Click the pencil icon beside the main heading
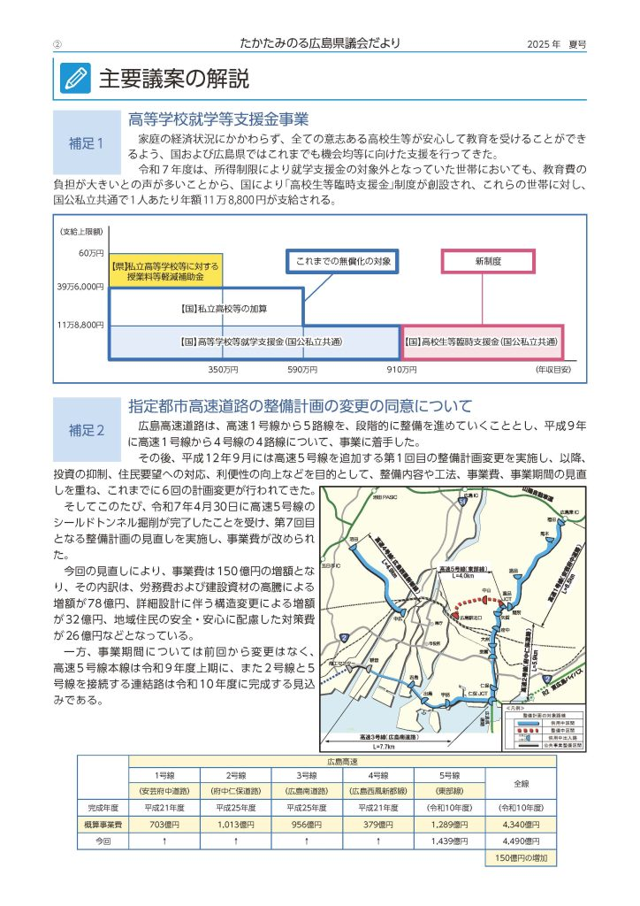click(75, 79)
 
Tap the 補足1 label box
click(87, 142)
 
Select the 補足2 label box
click(87, 430)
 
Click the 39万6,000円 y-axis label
click(81, 287)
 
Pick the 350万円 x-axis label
click(223, 368)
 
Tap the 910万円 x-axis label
click(403, 368)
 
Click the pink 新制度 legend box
click(488, 261)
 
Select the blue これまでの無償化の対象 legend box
click(342, 261)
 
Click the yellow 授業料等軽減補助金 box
click(164, 271)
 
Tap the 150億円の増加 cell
click(521, 857)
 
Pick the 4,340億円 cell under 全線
click(521, 824)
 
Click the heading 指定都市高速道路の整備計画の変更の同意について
click(301, 407)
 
